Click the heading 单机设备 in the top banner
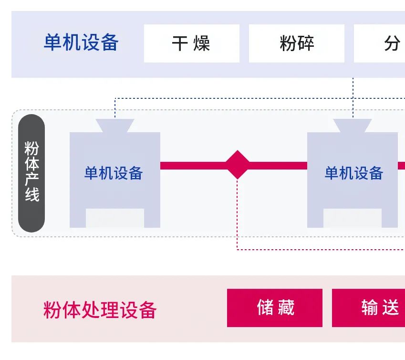(81, 43)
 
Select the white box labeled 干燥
(191, 43)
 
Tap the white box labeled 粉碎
(296, 43)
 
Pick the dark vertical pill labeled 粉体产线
(31, 173)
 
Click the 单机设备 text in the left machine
(114, 173)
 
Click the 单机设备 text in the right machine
(353, 173)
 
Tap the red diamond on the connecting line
(237, 165)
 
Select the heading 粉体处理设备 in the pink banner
(100, 310)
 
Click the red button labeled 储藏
(275, 308)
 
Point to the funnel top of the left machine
(115, 126)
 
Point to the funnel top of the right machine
(353, 126)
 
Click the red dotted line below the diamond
(237, 215)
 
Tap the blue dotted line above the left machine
(115, 108)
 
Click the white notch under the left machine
(114, 218)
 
